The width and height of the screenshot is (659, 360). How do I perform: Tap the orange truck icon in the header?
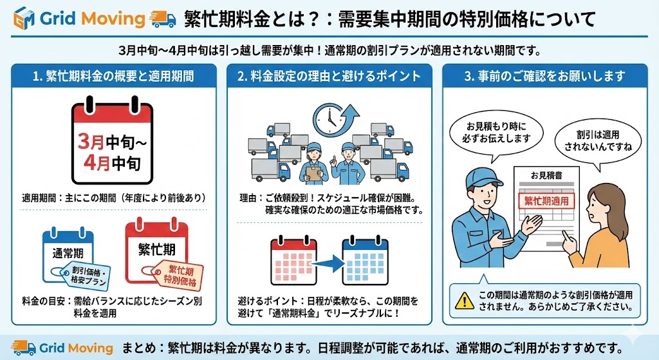pyautogui.click(x=162, y=18)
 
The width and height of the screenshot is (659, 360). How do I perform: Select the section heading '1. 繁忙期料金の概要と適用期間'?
pyautogui.click(x=113, y=77)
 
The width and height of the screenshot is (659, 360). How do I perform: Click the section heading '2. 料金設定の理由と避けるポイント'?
pyautogui.click(x=329, y=77)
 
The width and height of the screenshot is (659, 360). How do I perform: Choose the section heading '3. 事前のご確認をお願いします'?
pyautogui.click(x=544, y=77)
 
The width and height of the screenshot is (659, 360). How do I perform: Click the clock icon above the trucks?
pyautogui.click(x=329, y=117)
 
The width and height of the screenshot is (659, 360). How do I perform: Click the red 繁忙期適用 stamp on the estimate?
pyautogui.click(x=546, y=201)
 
